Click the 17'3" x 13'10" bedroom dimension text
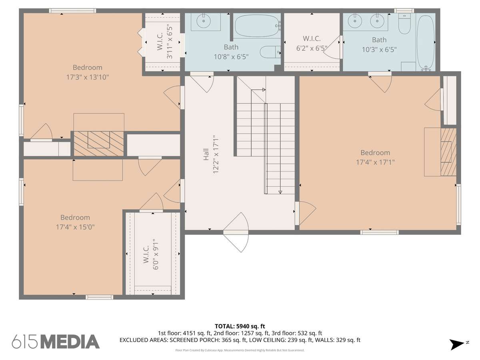pyautogui.click(x=88, y=77)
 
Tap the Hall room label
pyautogui.click(x=206, y=154)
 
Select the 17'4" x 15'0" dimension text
pyautogui.click(x=75, y=227)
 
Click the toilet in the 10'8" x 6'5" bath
pyautogui.click(x=270, y=52)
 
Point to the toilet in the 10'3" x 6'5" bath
pyautogui.click(x=404, y=23)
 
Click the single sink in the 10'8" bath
pyautogui.click(x=204, y=21)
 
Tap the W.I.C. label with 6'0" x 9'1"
pyautogui.click(x=146, y=254)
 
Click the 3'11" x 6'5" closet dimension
pyautogui.click(x=170, y=43)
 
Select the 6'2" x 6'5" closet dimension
pyautogui.click(x=312, y=48)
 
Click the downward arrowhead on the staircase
pyautogui.click(x=280, y=192)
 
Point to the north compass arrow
pyautogui.click(x=457, y=344)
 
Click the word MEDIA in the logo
pyautogui.click(x=70, y=342)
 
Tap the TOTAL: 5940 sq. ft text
pyautogui.click(x=240, y=326)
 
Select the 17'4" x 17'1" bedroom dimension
pyautogui.click(x=375, y=162)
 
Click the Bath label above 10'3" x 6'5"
pyautogui.click(x=379, y=40)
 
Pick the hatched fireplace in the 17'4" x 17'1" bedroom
pyautogui.click(x=448, y=152)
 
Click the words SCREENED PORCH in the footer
pyautogui.click(x=195, y=340)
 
